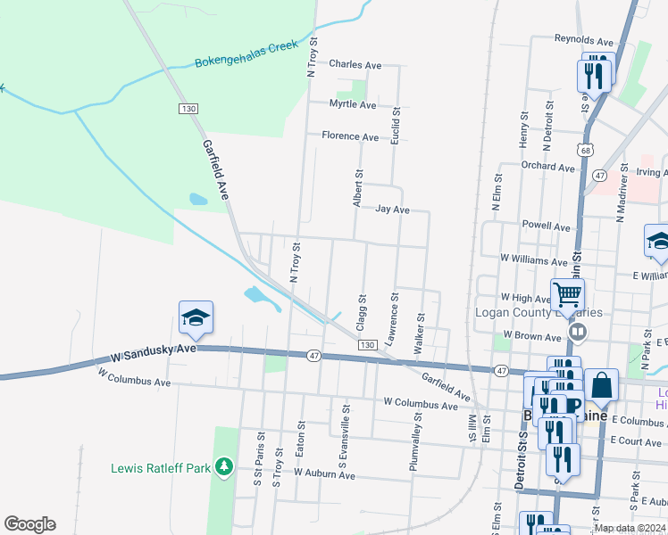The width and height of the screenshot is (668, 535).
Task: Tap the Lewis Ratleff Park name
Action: point(160,467)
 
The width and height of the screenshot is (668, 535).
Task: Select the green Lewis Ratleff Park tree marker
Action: point(223,466)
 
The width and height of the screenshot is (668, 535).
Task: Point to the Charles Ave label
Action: point(355,64)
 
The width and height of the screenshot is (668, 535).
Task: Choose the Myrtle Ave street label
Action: point(353,104)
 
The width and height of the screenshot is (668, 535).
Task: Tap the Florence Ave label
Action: point(350,136)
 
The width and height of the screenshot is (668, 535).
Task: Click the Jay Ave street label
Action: point(392,210)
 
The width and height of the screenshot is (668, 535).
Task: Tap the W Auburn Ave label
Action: point(324,474)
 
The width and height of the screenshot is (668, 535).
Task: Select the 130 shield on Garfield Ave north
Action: point(188,108)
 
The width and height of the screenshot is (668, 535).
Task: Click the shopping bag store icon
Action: point(602,385)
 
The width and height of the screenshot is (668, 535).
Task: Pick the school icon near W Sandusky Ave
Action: point(196,317)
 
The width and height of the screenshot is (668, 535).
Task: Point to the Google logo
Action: point(29,524)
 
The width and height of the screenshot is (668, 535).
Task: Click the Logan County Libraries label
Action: point(539,313)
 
